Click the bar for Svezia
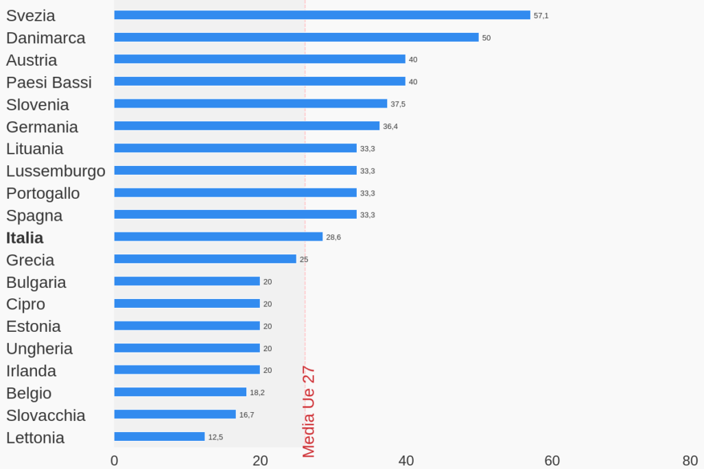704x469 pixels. point(322,15)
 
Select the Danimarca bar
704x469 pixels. point(296,37)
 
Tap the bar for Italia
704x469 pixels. point(218,237)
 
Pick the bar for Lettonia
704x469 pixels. point(159,437)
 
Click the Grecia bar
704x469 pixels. point(205,259)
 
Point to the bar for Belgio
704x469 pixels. point(180,392)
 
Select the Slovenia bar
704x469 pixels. point(250,104)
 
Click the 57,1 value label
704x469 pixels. point(541,16)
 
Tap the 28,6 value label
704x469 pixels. point(333,237)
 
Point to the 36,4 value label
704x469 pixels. point(390,126)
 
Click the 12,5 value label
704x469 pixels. point(215,437)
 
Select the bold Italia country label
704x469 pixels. point(25,238)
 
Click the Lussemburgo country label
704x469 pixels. point(56,171)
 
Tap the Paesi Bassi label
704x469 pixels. point(49,82)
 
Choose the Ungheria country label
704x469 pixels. point(39,348)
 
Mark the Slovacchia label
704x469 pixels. point(46,416)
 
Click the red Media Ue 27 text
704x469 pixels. point(309,411)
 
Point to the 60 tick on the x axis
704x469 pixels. point(552,461)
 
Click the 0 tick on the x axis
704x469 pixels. point(115,461)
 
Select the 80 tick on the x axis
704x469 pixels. point(690,461)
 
